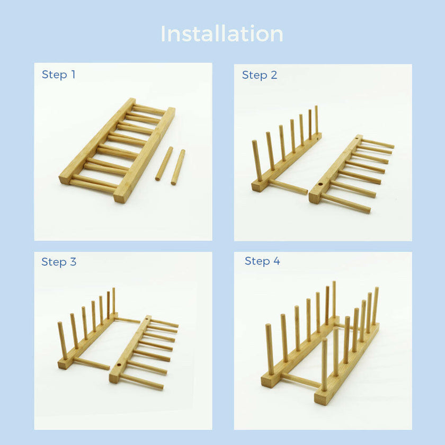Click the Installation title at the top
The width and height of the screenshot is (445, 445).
pyautogui.click(x=222, y=34)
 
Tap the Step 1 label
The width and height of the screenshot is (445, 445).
pyautogui.click(x=58, y=75)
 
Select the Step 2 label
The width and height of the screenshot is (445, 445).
pyautogui.click(x=259, y=75)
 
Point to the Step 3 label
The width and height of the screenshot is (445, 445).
pyautogui.click(x=59, y=262)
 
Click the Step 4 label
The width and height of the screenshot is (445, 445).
pyautogui.click(x=262, y=261)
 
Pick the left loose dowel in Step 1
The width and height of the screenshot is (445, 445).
pyautogui.click(x=164, y=164)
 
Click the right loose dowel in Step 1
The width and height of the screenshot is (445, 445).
pyautogui.click(x=177, y=167)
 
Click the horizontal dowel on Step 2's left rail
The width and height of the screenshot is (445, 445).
pyautogui.click(x=288, y=186)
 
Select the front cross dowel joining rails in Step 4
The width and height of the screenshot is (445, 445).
pyautogui.click(x=300, y=380)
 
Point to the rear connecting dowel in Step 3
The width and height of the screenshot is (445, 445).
pyautogui.click(x=128, y=320)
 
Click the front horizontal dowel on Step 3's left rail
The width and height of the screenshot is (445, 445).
pyautogui.click(x=91, y=363)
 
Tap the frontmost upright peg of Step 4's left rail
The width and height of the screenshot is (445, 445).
pyautogui.click(x=270, y=350)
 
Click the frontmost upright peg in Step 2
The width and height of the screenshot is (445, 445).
pyautogui.click(x=256, y=160)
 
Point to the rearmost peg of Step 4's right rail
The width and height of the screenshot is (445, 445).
pyautogui.click(x=375, y=306)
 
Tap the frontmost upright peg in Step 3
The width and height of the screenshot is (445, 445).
pyautogui.click(x=62, y=340)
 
